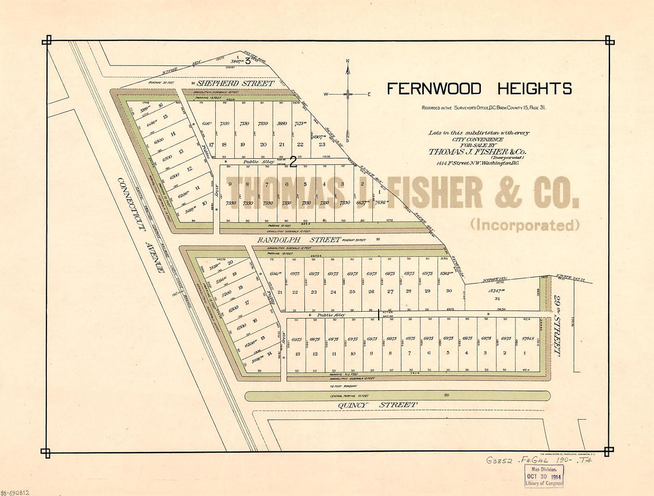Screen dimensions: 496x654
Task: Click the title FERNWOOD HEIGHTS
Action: [479, 89]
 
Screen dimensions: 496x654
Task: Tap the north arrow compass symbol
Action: [348, 93]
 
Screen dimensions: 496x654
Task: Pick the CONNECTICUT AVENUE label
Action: [140, 225]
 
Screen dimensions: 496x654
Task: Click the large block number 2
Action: [293, 161]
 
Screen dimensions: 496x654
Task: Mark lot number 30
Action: [449, 291]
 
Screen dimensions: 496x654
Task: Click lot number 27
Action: [390, 291]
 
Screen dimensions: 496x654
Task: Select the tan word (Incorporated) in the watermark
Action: [525, 225]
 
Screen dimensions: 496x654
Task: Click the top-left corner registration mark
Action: [46, 40]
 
